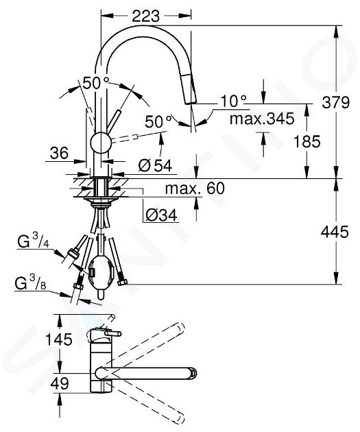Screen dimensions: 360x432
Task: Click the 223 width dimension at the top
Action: (145, 16)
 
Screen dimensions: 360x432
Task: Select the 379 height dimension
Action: (336, 102)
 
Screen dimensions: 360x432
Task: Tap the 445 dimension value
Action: (335, 232)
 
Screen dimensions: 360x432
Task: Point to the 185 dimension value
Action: (307, 142)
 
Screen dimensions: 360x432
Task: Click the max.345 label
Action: (262, 119)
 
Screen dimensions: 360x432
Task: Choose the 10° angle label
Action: (234, 101)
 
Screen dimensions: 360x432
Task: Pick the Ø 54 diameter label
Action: (155, 165)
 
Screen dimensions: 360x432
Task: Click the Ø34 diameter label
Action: (161, 215)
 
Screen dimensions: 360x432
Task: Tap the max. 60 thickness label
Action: (195, 188)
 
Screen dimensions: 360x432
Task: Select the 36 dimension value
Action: (59, 153)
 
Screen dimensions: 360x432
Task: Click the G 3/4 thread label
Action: (33, 241)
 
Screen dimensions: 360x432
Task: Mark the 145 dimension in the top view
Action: (59, 339)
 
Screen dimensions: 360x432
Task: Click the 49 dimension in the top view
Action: (60, 383)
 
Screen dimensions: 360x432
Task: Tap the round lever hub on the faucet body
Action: (101, 142)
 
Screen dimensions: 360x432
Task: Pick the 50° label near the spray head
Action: (158, 121)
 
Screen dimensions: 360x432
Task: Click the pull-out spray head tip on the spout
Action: (191, 102)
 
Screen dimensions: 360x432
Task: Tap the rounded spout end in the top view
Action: (193, 373)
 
